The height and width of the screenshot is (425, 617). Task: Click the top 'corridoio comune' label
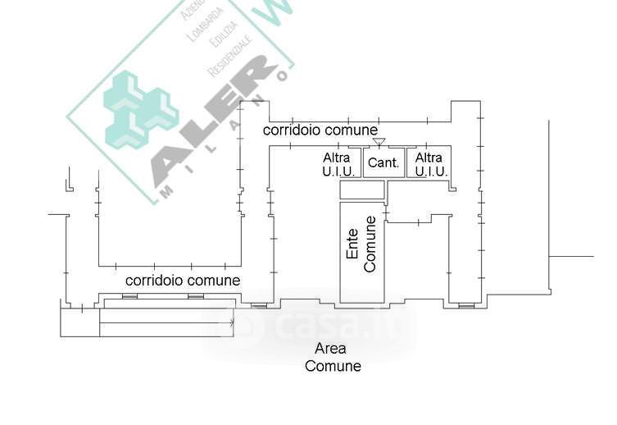[x=320, y=130]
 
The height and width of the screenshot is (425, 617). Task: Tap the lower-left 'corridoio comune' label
[x=183, y=281]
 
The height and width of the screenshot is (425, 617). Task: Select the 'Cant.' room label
[x=383, y=162]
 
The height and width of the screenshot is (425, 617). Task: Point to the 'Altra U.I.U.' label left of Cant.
[x=338, y=164]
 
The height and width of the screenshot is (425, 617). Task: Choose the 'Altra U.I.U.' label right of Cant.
[x=430, y=164]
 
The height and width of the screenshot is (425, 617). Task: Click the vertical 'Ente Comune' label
[x=361, y=244]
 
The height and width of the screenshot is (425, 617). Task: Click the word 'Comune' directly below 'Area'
[x=333, y=366]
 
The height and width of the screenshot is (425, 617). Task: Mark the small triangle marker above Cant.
[x=379, y=143]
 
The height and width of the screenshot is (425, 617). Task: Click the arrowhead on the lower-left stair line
[x=233, y=322]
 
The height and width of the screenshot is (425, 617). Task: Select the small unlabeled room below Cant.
[x=361, y=190]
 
